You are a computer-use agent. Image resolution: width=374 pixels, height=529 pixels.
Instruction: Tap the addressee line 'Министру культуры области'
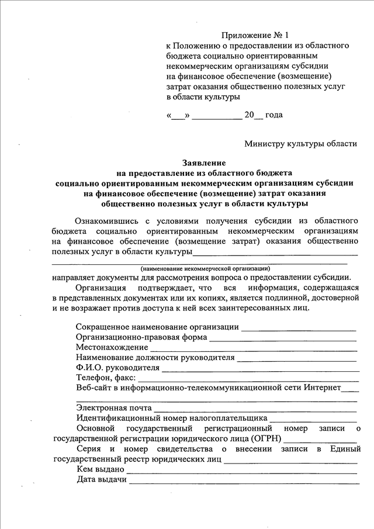point(300,144)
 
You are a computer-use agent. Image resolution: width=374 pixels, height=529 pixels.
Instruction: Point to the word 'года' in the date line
point(274,115)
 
